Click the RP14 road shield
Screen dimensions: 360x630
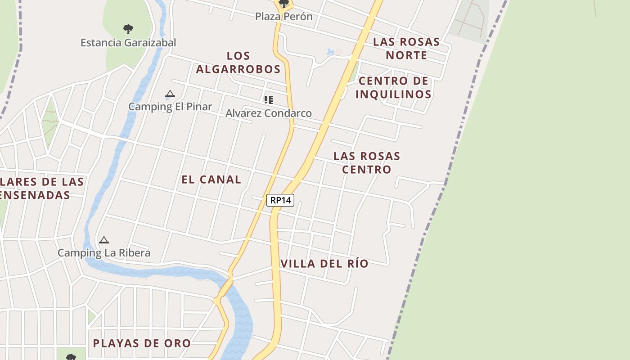[x=280, y=200]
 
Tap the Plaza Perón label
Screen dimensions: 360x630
[x=283, y=17]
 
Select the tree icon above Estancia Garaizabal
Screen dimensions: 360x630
[x=128, y=30]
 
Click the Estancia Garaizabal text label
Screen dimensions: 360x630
[x=128, y=43]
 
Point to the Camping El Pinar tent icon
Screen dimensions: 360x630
[x=170, y=94]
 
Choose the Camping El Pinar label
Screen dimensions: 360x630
[x=170, y=107]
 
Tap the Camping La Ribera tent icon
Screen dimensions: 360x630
[x=104, y=240]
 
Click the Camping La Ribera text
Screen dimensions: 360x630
[x=104, y=253]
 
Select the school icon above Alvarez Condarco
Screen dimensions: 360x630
[x=269, y=100]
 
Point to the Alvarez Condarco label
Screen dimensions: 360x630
[x=269, y=113]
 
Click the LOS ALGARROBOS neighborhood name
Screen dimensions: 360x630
[x=238, y=63]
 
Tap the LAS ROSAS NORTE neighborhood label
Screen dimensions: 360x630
[x=406, y=49]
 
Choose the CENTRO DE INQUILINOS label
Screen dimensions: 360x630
[x=394, y=87]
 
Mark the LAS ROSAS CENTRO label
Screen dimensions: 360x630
[x=367, y=162]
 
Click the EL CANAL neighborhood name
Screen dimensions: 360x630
[x=211, y=179]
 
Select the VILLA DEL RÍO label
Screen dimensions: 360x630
[x=324, y=263]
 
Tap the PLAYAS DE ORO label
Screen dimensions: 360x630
[x=142, y=343]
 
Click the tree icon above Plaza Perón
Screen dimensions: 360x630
[x=284, y=4]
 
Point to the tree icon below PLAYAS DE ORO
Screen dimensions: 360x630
[x=71, y=357]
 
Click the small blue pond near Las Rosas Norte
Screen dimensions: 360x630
[x=331, y=52]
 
